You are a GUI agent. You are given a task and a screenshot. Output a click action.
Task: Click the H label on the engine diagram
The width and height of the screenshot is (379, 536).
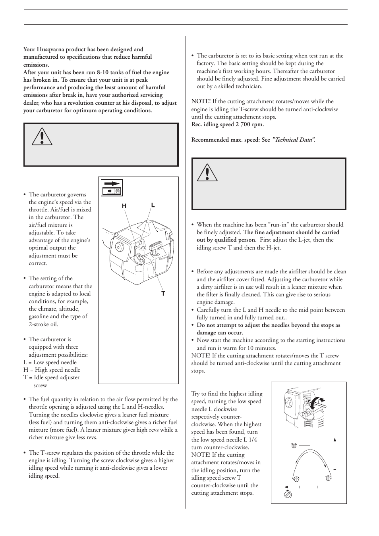[x=124, y=206]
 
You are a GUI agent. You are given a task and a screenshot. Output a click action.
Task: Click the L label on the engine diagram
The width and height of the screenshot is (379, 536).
[x=153, y=205]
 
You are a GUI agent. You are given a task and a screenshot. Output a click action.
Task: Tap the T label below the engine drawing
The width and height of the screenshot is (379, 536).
[x=163, y=294]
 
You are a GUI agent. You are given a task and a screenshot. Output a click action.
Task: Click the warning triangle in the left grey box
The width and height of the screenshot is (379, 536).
[x=42, y=137]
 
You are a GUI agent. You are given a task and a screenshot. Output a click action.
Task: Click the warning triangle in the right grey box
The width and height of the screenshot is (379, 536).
[x=207, y=173]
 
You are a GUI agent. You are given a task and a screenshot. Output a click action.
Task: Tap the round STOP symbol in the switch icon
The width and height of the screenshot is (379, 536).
[x=118, y=191]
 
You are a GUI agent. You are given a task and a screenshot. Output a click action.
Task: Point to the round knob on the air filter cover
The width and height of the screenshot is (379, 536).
[x=118, y=246]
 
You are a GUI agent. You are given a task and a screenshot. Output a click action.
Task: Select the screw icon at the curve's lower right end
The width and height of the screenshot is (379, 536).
[x=328, y=478]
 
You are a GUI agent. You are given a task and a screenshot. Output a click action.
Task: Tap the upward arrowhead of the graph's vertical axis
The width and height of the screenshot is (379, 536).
[x=335, y=440]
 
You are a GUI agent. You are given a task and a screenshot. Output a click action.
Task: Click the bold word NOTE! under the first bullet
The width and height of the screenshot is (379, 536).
[x=201, y=102]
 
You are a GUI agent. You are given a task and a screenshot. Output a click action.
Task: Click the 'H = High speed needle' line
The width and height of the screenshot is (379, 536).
[x=52, y=370]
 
